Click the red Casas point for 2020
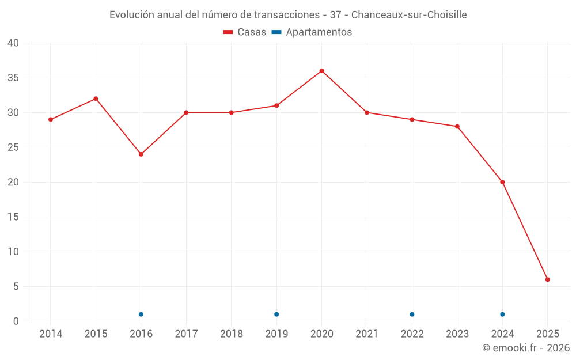pyautogui.click(x=322, y=71)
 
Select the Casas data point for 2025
pyautogui.click(x=548, y=279)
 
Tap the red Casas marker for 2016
pyautogui.click(x=141, y=154)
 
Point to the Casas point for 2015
pyautogui.click(x=96, y=98)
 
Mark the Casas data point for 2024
pyautogui.click(x=502, y=182)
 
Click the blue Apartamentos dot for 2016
pyautogui.click(x=141, y=314)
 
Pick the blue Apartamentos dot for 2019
pyautogui.click(x=276, y=314)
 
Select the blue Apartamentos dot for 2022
pyautogui.click(x=412, y=314)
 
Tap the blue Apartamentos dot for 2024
pyautogui.click(x=502, y=314)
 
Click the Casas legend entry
pyautogui.click(x=245, y=32)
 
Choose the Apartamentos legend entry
pyautogui.click(x=312, y=32)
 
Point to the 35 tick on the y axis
pyautogui.click(x=13, y=78)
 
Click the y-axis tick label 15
pyautogui.click(x=13, y=217)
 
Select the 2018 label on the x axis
pyautogui.click(x=232, y=334)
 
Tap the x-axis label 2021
pyautogui.click(x=367, y=334)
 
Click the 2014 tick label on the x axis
pyautogui.click(x=51, y=334)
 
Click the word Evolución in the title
pyautogui.click(x=131, y=14)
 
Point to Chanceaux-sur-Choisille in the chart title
pyautogui.click(x=409, y=14)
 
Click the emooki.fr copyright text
pyautogui.click(x=526, y=348)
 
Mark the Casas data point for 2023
pyautogui.click(x=457, y=127)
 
